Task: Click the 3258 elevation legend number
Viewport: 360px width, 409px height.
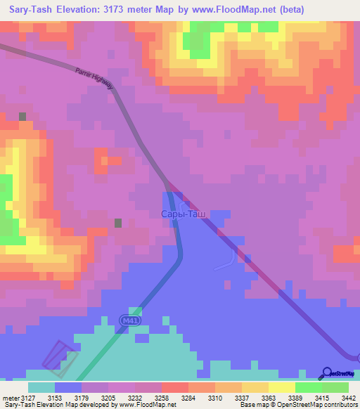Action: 163,398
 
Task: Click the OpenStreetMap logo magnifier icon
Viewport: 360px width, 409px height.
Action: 327,372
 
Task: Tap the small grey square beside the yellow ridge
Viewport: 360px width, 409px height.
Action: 22,117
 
